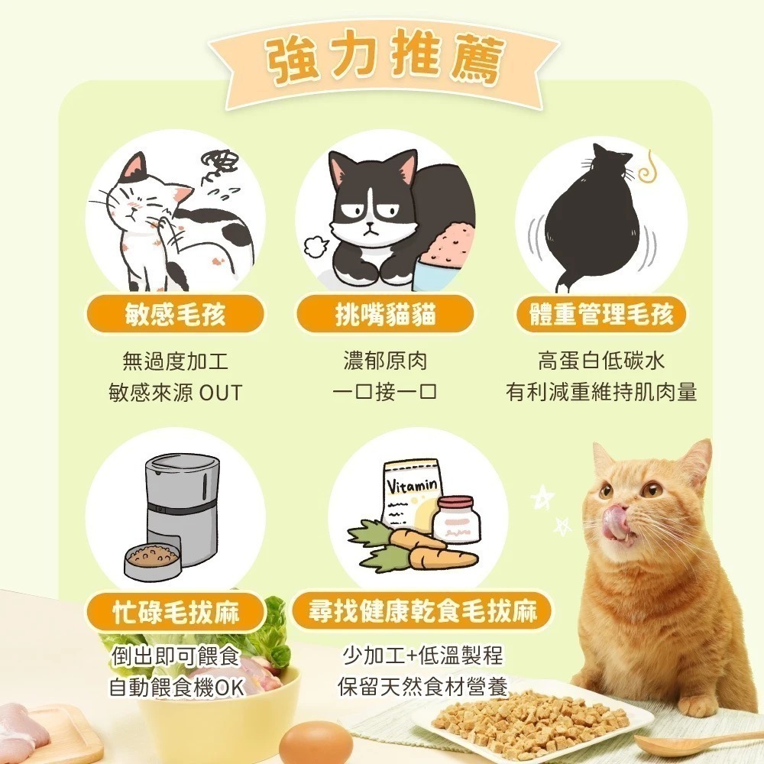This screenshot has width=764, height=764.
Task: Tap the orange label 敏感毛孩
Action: (x=175, y=314)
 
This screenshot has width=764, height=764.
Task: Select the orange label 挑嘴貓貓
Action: (x=385, y=314)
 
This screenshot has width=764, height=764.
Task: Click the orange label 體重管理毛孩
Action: (x=602, y=314)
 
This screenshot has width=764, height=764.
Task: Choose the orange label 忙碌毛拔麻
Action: (x=175, y=612)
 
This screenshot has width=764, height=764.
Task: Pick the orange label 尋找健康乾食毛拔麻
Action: (x=422, y=610)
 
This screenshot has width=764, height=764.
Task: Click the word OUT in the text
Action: (x=220, y=393)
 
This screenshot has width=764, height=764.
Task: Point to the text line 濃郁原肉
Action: (x=385, y=361)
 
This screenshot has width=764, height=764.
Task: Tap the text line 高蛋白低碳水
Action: (x=601, y=361)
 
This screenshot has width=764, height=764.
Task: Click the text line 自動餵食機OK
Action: (x=176, y=687)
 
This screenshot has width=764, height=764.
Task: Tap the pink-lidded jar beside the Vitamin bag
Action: (x=456, y=520)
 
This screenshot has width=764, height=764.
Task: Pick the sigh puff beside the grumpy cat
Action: (x=315, y=247)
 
